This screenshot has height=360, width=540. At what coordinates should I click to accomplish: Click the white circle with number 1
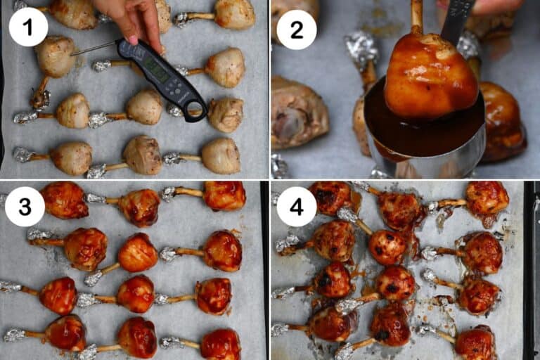(x=28, y=27)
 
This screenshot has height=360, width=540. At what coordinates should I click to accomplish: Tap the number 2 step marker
(x=296, y=30)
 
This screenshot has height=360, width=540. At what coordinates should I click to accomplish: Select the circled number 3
(x=25, y=206)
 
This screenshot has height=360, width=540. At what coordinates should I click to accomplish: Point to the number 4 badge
(x=296, y=206)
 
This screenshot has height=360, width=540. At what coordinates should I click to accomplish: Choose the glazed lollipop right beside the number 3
(x=64, y=200)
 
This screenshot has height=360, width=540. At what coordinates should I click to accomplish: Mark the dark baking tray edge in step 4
(x=530, y=267)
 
